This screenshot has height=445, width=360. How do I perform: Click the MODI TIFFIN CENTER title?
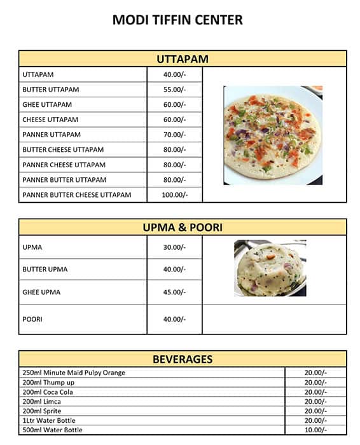[x=177, y=20]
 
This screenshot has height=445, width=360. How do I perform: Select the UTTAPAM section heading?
[x=183, y=60]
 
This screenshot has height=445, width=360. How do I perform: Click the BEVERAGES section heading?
[x=183, y=359]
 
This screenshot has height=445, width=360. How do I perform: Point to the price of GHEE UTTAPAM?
[x=174, y=105]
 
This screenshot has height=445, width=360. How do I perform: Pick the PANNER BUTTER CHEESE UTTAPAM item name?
[x=77, y=195]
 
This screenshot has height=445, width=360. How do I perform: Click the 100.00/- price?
[x=174, y=195]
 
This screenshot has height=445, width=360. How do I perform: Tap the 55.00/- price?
[x=174, y=90]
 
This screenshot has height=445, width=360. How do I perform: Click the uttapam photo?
[x=273, y=135]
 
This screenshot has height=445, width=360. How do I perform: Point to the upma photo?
[x=270, y=268]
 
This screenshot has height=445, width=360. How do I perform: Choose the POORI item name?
[x=32, y=319]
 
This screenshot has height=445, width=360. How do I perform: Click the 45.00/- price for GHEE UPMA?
[x=174, y=292]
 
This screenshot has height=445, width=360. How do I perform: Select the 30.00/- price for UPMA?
[x=174, y=247]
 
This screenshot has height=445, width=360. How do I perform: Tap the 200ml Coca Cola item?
[x=48, y=392]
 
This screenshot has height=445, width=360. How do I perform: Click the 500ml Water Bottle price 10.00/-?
[x=315, y=430]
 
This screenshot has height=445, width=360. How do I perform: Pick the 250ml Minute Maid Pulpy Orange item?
[x=74, y=373]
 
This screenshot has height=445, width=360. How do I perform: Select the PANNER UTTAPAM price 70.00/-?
[x=174, y=135]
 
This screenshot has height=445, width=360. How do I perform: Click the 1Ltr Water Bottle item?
[x=48, y=421]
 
